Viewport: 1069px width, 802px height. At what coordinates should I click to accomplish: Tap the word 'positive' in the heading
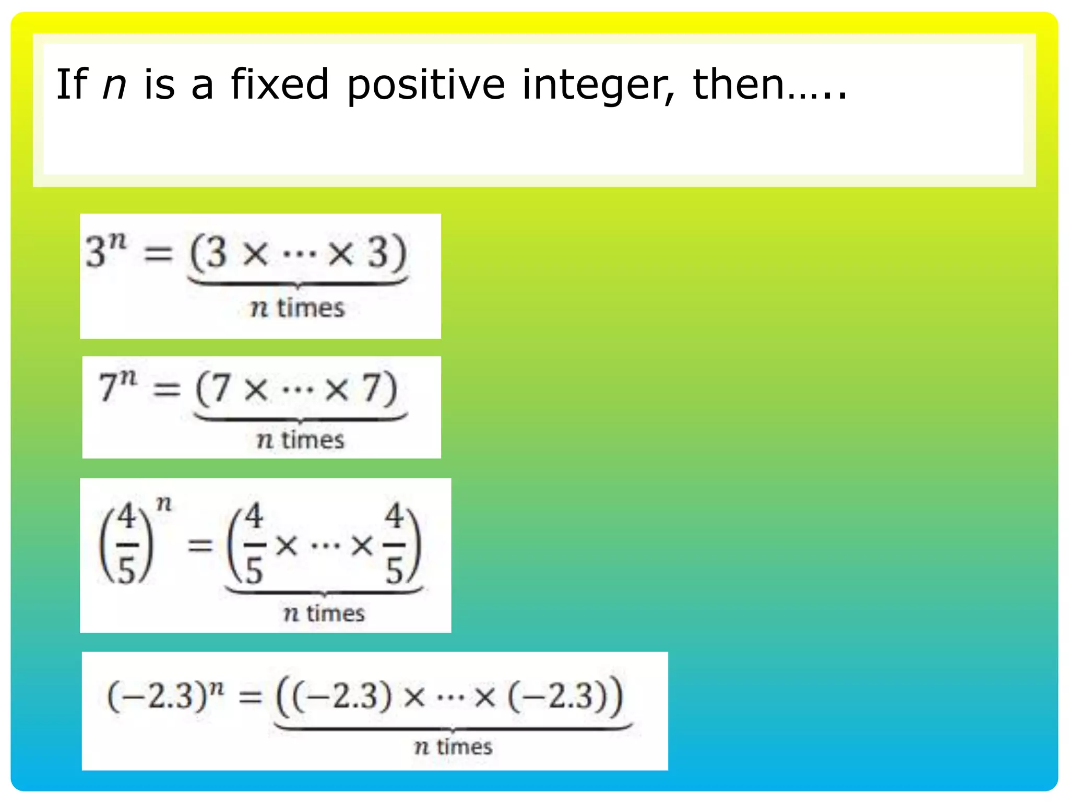point(425,85)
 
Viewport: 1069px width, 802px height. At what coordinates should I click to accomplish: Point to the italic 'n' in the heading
point(114,85)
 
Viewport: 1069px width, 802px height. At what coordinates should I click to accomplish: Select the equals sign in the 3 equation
point(158,254)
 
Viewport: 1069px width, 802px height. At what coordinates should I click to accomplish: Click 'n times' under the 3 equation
point(298,308)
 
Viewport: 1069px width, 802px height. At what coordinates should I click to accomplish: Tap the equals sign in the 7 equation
point(167,389)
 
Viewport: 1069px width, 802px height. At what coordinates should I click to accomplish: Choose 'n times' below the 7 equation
point(301,440)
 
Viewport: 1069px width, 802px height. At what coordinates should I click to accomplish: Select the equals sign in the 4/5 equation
point(200,546)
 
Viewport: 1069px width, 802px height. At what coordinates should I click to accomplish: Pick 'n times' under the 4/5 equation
point(324,613)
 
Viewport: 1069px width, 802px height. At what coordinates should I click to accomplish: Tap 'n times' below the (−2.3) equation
point(453,747)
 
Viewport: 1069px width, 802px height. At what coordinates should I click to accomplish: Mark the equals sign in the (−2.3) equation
point(250,697)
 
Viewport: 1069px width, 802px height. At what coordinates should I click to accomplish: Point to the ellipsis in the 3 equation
point(299,255)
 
